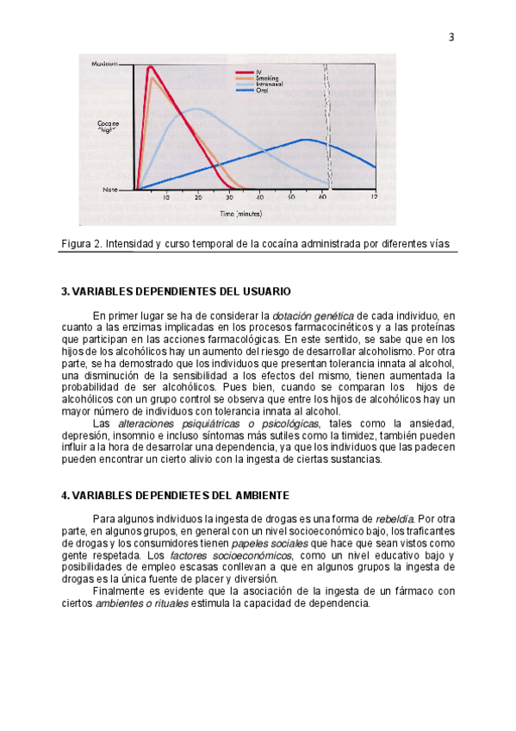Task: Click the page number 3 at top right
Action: [x=451, y=37]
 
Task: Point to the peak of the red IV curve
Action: [x=151, y=66]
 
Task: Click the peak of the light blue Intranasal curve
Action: [x=197, y=109]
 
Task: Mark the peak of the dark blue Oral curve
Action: [x=304, y=139]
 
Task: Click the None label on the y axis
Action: [x=110, y=189]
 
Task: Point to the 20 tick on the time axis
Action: [x=198, y=197]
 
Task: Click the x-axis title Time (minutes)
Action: [x=240, y=212]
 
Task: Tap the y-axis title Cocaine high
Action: [x=109, y=127]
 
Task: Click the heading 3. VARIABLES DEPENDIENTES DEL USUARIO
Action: [x=176, y=291]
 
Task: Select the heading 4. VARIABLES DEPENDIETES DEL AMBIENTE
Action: [x=175, y=496]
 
